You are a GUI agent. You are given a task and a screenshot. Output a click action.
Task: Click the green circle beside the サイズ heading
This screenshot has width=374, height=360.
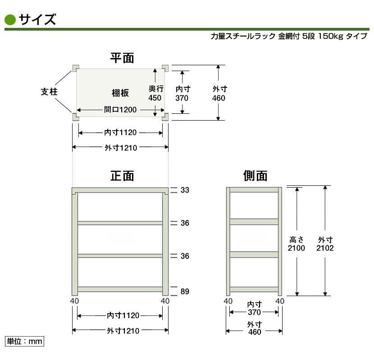pos(10,20)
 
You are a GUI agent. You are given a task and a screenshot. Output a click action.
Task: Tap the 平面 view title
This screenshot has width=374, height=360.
pos(122,58)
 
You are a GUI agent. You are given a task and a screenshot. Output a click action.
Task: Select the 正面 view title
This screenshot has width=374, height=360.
pos(122,176)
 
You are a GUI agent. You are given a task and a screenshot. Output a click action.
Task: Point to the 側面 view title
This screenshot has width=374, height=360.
pos(255,176)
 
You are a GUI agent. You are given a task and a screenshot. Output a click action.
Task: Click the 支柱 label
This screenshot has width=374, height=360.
pos(49,92)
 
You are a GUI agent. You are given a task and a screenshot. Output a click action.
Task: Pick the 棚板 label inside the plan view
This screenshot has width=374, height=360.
pos(120,93)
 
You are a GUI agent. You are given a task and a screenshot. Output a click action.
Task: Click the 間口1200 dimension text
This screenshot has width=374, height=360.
pos(120,110)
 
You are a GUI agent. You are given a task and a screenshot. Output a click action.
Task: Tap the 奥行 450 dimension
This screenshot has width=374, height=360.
pos(155,93)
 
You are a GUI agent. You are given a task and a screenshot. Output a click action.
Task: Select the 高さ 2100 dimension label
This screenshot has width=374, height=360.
pos(296,244)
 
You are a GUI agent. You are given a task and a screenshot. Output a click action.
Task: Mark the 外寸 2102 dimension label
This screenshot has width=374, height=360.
pos(325,244)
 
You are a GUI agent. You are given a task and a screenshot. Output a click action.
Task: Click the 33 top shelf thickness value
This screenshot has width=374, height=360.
pos(185,190)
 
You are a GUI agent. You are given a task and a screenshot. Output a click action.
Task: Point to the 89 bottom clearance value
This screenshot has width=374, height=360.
pos(185,291)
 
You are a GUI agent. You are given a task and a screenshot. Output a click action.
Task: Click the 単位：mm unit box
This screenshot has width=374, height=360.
pos(25,342)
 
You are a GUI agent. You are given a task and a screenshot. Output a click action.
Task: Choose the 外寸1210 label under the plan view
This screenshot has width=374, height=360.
pos(121,148)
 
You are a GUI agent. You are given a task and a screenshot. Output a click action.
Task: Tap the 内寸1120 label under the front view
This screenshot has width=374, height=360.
pos(123,315)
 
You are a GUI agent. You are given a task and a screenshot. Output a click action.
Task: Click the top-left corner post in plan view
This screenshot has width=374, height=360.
pos(76,68)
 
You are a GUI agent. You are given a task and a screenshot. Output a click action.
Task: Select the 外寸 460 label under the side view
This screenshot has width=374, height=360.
pos(255,328)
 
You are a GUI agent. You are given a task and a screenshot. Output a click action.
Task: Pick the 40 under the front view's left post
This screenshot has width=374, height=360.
pos(74,301)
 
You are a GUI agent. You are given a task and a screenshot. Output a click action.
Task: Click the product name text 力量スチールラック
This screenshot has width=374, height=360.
pos(243,36)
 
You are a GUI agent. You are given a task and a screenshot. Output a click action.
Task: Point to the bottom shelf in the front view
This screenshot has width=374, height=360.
pos(120,289)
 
